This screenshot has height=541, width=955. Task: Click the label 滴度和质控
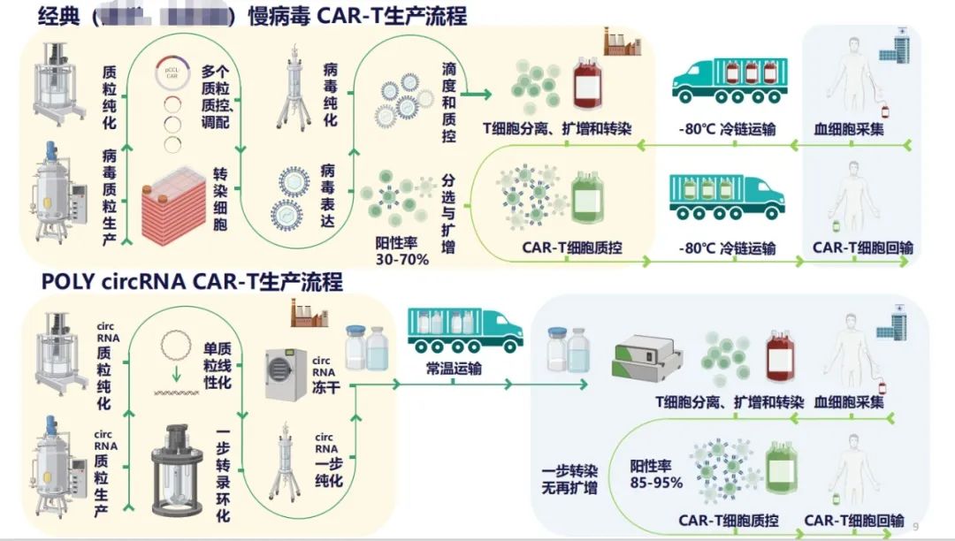point(448,102)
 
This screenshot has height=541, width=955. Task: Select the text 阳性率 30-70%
point(401,251)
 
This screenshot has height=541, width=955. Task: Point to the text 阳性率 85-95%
point(655,474)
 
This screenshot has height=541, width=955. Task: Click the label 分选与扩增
point(448,213)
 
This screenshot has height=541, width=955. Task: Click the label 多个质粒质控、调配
point(214,96)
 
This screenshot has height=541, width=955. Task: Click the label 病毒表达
point(327,195)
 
